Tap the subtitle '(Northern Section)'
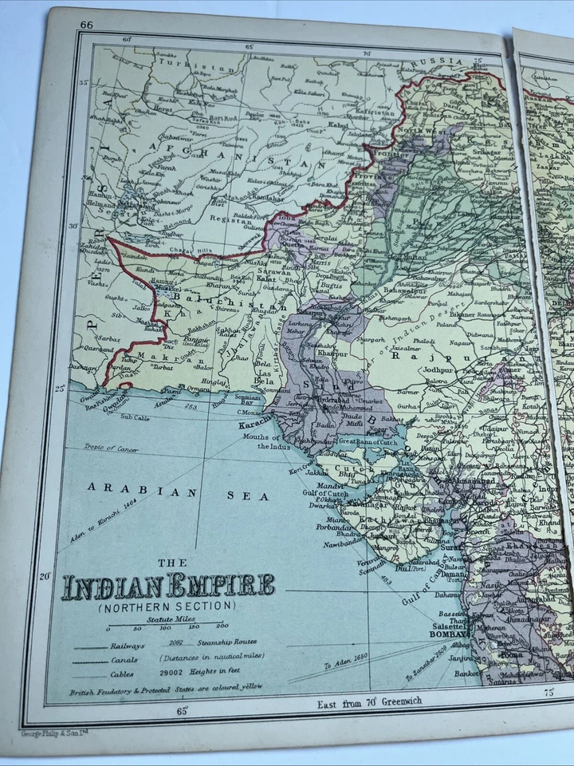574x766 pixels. pyautogui.click(x=159, y=608)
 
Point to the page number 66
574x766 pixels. pyautogui.click(x=86, y=25)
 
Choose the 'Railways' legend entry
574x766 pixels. pyautogui.click(x=128, y=645)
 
